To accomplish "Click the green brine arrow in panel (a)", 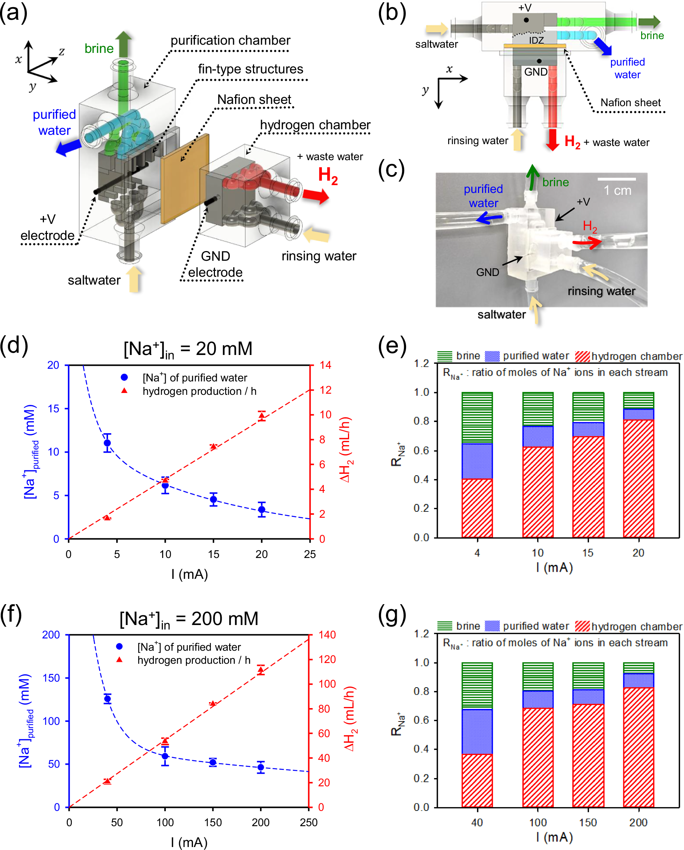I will click(123, 44).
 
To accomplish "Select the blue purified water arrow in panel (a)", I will click(68, 148).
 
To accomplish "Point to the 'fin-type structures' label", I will click(250, 69).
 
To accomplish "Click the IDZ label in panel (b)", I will click(536, 40).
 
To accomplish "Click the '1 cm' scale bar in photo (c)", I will click(617, 180).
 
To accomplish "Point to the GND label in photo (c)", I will click(487, 272).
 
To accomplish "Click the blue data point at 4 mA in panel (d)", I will click(107, 443).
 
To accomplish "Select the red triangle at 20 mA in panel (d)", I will click(262, 416).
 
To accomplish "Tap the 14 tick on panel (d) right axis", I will click(325, 365).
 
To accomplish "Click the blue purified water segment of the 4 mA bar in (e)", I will click(477, 461).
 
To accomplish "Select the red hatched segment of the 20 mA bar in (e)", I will click(638, 479).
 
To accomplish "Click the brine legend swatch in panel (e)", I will click(445, 356).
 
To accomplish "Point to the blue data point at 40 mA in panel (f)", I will click(107, 700).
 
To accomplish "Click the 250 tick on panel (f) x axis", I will click(308, 822).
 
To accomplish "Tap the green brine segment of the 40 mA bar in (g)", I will click(477, 686).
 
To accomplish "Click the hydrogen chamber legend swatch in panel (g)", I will click(582, 626).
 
